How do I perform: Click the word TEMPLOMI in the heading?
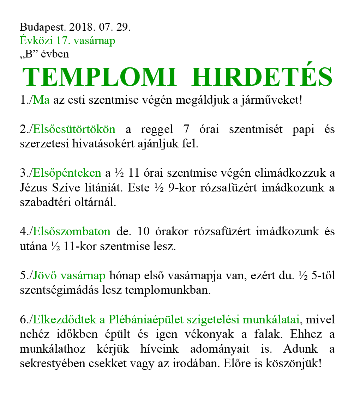[99, 77]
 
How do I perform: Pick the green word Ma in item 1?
[41, 100]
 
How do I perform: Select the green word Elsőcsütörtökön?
[74, 129]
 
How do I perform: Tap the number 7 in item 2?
[187, 129]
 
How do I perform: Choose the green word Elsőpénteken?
[67, 173]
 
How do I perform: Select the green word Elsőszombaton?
[72, 232]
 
